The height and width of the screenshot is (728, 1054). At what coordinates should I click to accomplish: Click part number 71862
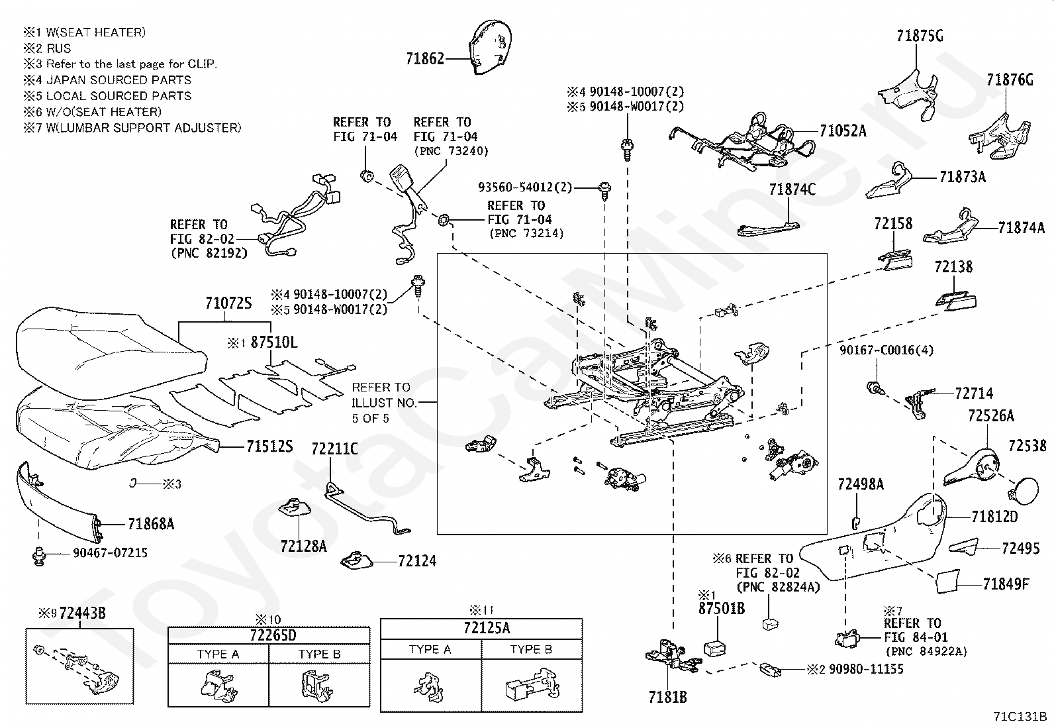pos(425,58)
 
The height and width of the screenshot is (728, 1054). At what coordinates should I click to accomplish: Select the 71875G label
pos(920,36)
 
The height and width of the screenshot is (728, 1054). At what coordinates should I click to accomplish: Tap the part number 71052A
pos(842,130)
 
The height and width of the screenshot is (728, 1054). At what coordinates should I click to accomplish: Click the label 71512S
pos(269,446)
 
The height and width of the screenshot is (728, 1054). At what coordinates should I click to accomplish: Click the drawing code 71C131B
pos(1020,716)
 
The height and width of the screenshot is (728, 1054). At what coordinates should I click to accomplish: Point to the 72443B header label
pos(82,613)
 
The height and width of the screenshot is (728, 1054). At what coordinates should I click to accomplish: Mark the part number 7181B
pos(667,697)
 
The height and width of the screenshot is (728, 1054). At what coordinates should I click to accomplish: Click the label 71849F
pos(1006,584)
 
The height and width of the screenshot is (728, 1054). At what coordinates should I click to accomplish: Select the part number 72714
pos(974,393)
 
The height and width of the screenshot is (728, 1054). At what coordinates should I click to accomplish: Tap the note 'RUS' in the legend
pos(58,48)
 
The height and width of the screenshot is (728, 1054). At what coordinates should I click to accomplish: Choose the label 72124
pos(417,561)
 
